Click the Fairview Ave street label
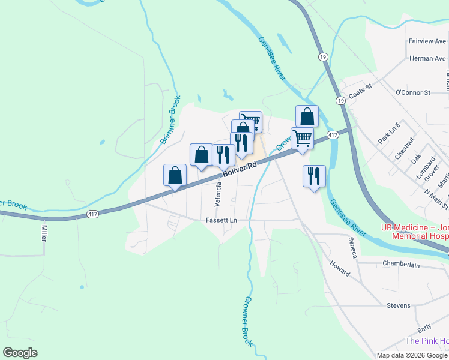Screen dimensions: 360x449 click(427, 41)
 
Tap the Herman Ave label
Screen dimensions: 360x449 click(427, 58)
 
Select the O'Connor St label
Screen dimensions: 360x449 click(413, 92)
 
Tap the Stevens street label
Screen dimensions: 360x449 click(398, 305)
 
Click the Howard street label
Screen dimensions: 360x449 click(340, 268)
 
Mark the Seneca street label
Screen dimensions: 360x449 click(353, 247)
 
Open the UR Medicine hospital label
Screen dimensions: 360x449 click(415, 232)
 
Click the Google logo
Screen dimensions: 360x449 click(20, 353)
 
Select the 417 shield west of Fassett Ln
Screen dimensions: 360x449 click(92, 214)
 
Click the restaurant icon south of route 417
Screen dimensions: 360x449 click(314, 176)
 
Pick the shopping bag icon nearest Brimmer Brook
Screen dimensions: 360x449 click(175, 175)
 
